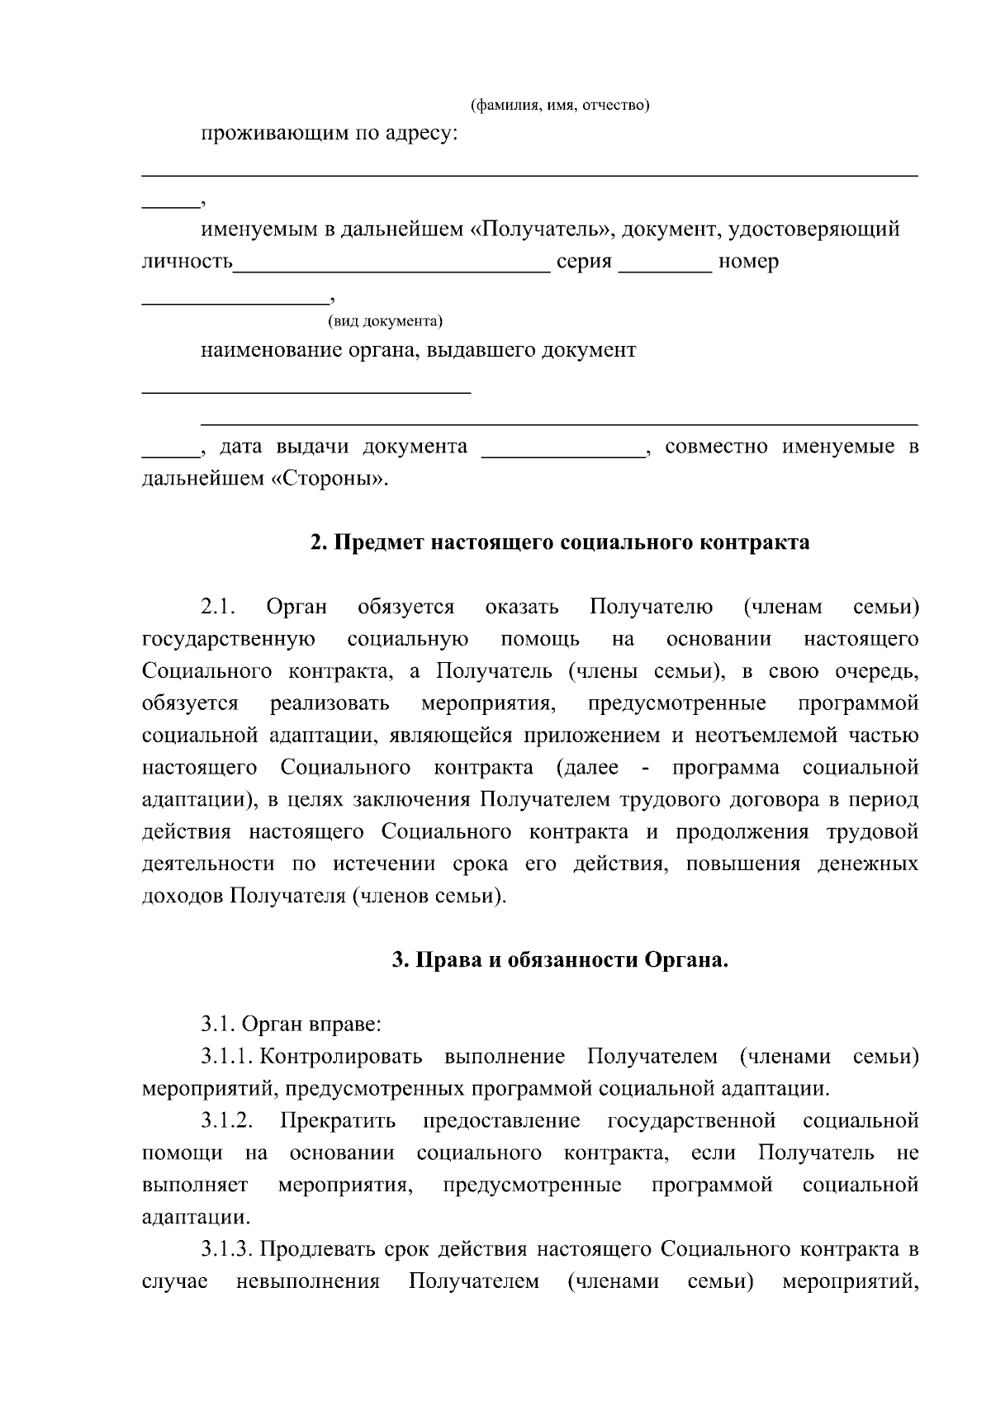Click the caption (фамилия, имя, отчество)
560,106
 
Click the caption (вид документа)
386,320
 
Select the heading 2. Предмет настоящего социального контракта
560,542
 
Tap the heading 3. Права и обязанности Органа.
560,960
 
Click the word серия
584,263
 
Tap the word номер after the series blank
748,263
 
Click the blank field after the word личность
391,266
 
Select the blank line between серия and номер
665,266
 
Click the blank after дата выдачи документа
562,452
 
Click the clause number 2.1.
218,608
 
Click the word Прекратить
338,1121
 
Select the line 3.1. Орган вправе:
291,1025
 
